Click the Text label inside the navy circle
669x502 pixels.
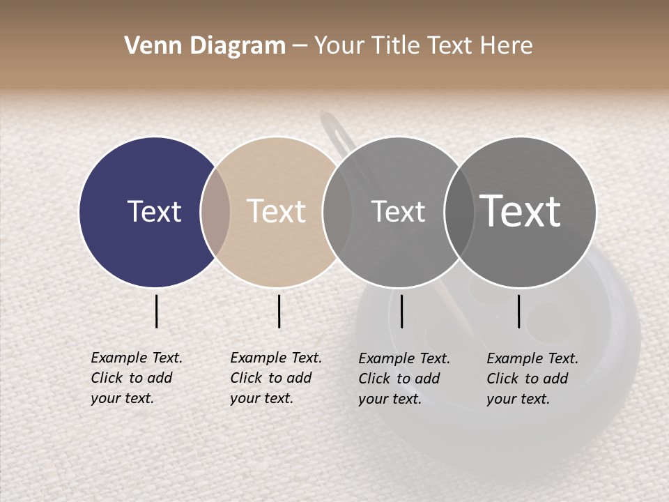click(x=154, y=211)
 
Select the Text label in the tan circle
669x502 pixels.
click(x=276, y=211)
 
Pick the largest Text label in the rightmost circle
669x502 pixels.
click(x=520, y=211)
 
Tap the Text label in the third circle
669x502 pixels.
click(x=398, y=211)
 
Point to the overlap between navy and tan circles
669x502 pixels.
click(x=215, y=212)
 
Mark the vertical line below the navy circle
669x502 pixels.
click(x=157, y=311)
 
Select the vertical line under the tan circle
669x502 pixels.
click(x=279, y=311)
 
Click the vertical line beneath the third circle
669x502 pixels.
click(x=402, y=311)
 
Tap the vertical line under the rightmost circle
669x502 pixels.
click(x=519, y=311)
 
